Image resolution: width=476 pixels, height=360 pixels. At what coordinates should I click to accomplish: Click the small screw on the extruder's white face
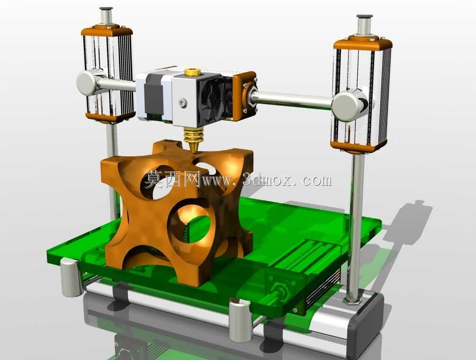click(x=181, y=103)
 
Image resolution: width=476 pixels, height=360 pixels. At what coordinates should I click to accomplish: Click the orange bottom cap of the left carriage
click(x=109, y=117)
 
